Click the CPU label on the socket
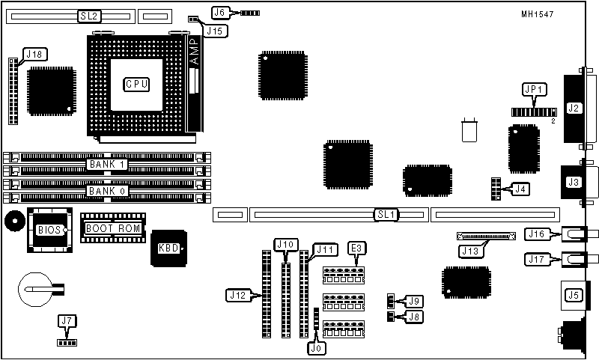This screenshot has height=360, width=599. pyautogui.click(x=136, y=84)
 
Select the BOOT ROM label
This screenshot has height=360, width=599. pyautogui.click(x=113, y=228)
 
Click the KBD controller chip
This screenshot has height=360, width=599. pyautogui.click(x=168, y=249)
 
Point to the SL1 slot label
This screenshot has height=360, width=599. pyautogui.click(x=386, y=215)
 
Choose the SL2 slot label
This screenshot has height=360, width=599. pyautogui.click(x=88, y=15)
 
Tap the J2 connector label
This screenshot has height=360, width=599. pyautogui.click(x=574, y=108)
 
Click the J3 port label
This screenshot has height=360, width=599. pyautogui.click(x=574, y=182)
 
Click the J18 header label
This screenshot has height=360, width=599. pyautogui.click(x=34, y=54)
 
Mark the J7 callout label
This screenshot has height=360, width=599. pyautogui.click(x=67, y=322)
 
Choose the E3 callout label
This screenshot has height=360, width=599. pyautogui.click(x=356, y=248)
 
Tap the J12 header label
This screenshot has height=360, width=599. pyautogui.click(x=237, y=296)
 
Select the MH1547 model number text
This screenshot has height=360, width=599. pyautogui.click(x=559, y=14)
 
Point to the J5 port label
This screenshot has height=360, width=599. pyautogui.click(x=574, y=295)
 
